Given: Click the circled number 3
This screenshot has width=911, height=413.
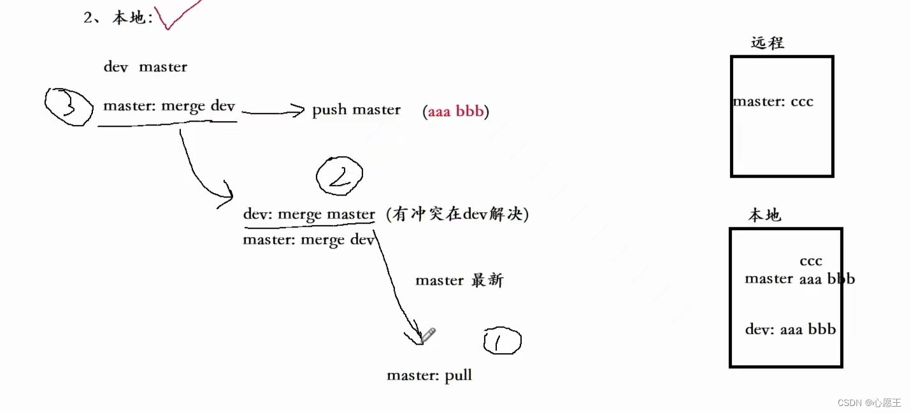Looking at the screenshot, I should click(x=69, y=107).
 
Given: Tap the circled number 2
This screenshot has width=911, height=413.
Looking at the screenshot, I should click(x=340, y=175).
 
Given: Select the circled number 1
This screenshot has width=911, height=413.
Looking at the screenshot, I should click(x=502, y=342).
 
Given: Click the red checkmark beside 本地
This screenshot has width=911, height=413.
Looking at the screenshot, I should click(x=176, y=16).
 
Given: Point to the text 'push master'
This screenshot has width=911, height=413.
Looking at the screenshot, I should click(x=356, y=110).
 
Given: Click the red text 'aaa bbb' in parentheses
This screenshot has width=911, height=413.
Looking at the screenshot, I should click(x=455, y=112).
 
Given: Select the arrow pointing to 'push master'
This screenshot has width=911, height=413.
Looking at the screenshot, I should click(x=273, y=112).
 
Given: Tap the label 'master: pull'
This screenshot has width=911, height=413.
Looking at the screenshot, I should click(x=429, y=375).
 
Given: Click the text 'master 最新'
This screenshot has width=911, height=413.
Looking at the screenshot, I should click(x=459, y=280).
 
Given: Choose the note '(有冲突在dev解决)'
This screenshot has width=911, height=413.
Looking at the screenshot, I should click(x=457, y=215).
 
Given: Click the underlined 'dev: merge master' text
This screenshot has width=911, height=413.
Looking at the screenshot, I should click(x=309, y=214).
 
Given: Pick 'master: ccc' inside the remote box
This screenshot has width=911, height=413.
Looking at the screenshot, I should click(x=773, y=101).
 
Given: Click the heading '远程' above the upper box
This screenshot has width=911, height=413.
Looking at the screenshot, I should click(x=767, y=43).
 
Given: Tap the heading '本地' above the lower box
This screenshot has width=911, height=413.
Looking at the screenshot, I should click(x=764, y=215).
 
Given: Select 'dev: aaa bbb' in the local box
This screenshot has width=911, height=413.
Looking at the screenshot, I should click(x=790, y=330).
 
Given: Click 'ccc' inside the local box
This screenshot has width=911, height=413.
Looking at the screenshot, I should click(x=811, y=261).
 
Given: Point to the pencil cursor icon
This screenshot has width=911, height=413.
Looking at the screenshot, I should click(x=429, y=335).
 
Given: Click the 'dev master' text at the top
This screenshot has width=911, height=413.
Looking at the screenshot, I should click(x=145, y=67).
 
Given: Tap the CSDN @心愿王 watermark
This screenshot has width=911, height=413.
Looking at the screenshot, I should click(x=869, y=402).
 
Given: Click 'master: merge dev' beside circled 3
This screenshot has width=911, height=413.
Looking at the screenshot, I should click(x=169, y=106).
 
